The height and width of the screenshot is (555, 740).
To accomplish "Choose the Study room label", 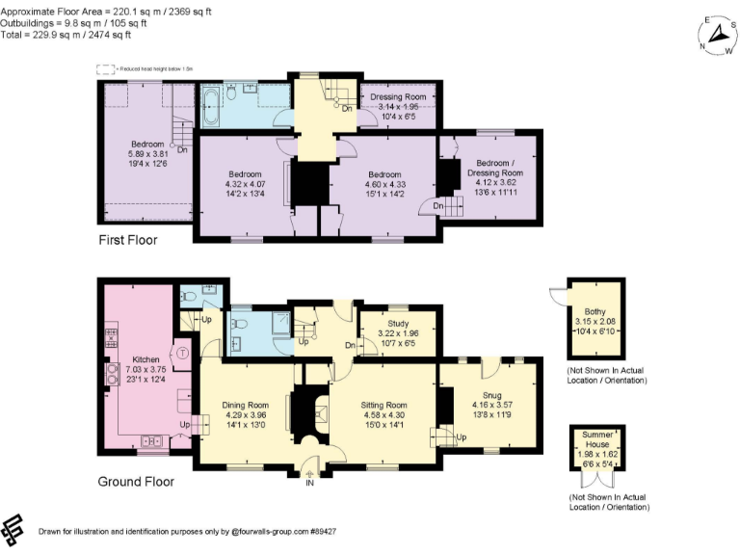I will (398, 323).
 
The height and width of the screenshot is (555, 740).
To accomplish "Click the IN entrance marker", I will (310, 482).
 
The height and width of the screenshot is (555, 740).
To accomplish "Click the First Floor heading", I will (128, 240).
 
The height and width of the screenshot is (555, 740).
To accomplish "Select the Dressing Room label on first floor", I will (399, 97).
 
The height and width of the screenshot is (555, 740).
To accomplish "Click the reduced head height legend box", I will (105, 68).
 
